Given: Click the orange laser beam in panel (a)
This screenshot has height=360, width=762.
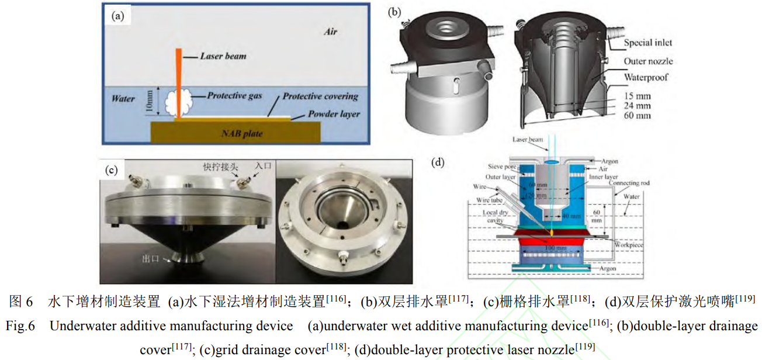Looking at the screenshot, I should click(178, 76).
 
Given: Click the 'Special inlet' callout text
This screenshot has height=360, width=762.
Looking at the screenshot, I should click(647, 43).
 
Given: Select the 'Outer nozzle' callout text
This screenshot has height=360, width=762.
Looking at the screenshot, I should click(648, 61).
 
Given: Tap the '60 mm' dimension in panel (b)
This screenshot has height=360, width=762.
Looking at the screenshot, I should click(638, 116).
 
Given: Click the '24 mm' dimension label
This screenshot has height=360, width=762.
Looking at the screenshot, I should click(638, 106).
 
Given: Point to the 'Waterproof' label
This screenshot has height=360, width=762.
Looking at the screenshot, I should click(646, 77).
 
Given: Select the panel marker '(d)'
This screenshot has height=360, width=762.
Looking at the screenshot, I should click(438, 162).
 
